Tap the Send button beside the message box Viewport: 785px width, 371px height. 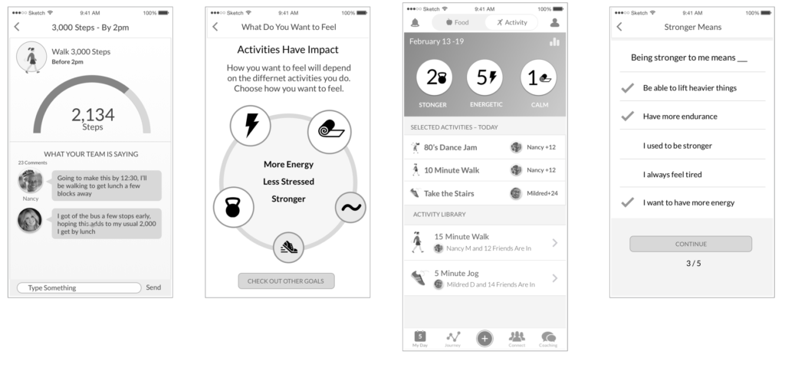coord(153,287)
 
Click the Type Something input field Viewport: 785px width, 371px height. coord(79,288)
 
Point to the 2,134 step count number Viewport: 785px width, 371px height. coord(93,115)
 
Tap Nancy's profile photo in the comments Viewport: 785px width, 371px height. coord(31,181)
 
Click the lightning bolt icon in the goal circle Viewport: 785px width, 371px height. coord(251,126)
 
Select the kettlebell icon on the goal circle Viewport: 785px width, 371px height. coord(233,207)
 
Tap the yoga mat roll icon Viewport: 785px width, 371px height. coord(330,132)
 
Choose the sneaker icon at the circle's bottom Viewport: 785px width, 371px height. coord(288,248)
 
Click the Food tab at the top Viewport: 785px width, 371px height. coord(458,22)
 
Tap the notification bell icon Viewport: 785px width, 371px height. coord(415,22)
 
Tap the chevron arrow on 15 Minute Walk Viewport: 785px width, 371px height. coord(555,243)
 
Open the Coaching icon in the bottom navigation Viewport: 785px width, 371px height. coord(548,339)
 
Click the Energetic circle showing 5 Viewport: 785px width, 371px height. coord(485,77)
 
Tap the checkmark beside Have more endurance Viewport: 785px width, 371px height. coord(627,117)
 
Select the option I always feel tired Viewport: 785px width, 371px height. coord(672,174)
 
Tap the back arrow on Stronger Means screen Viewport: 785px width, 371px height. coord(619,27)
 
